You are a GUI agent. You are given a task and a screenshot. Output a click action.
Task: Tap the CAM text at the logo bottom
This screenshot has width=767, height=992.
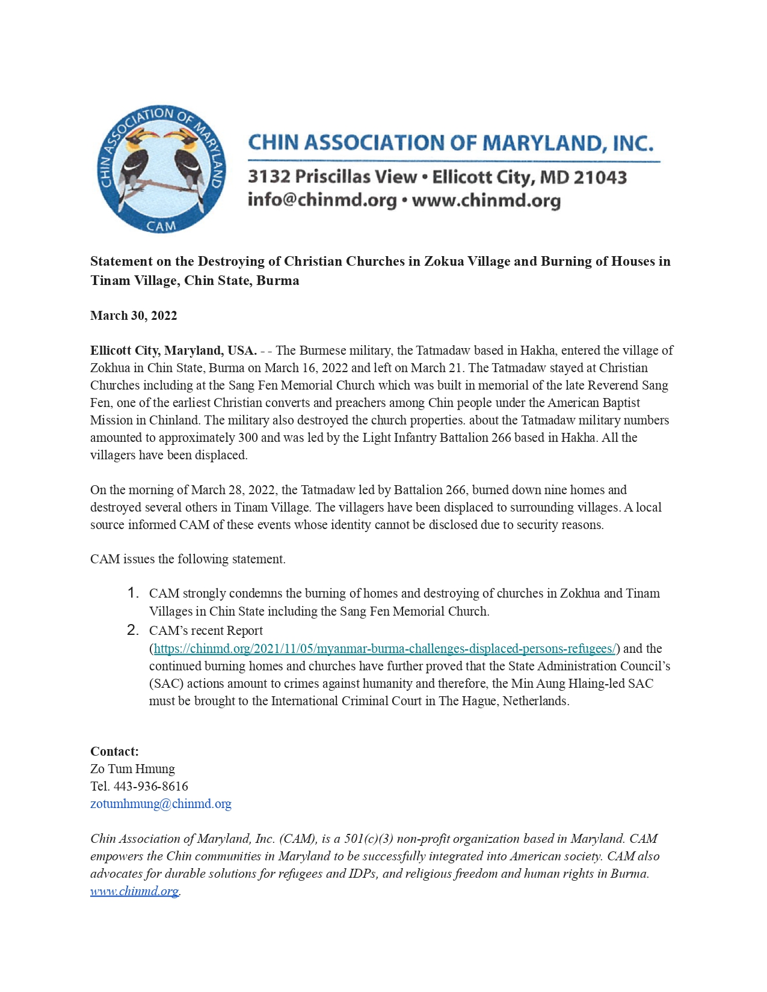click(x=161, y=226)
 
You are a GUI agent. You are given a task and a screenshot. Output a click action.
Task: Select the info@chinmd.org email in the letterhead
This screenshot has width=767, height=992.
click(x=322, y=200)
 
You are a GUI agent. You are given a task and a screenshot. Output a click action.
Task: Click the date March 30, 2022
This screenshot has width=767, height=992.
click(x=134, y=316)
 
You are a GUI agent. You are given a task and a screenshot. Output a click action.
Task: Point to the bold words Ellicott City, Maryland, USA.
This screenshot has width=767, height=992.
click(x=173, y=351)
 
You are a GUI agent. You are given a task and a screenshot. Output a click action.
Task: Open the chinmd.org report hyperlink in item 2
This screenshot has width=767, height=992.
click(x=385, y=649)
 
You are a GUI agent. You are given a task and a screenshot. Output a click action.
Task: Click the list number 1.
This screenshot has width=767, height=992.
click(x=133, y=593)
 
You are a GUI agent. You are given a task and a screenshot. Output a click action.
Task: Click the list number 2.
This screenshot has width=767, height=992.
click(x=133, y=631)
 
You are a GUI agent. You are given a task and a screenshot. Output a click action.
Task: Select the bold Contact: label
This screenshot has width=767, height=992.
click(x=114, y=752)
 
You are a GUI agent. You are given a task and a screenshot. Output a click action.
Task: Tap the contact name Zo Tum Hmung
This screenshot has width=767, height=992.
click(x=132, y=769)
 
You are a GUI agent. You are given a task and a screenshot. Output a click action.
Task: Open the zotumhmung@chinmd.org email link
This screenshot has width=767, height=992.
click(x=161, y=804)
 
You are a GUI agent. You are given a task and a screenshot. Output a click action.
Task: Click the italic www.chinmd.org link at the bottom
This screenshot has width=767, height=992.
click(x=134, y=891)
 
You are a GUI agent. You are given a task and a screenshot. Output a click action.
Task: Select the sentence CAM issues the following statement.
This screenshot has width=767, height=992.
click(x=188, y=559)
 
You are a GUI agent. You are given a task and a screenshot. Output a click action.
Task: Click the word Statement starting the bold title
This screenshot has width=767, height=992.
click(x=122, y=262)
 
